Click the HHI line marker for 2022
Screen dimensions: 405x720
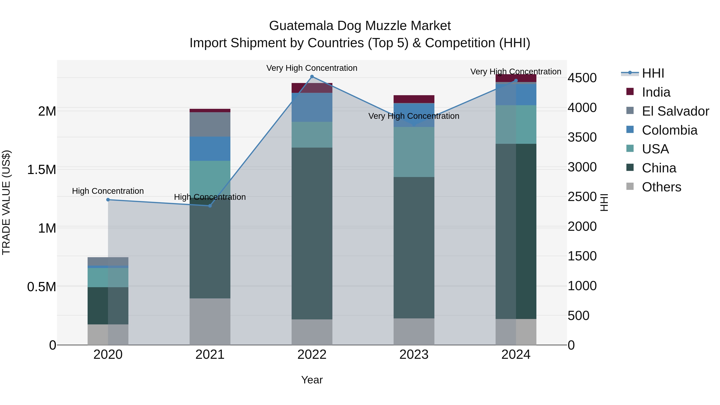pos(312,77)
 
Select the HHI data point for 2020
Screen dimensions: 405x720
pos(108,200)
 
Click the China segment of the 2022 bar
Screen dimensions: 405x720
pos(312,233)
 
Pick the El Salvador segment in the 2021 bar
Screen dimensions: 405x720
pos(210,124)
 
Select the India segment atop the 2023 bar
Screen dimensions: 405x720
pos(414,99)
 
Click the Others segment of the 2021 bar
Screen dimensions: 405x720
pos(210,321)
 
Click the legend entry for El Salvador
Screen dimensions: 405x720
pos(675,111)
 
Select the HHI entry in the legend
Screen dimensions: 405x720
pos(653,73)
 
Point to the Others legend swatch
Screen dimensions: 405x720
pos(630,186)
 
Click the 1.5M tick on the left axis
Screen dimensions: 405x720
pos(42,170)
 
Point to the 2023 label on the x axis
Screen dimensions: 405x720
pos(414,355)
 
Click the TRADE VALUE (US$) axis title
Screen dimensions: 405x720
pos(6,202)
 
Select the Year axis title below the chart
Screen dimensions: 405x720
pos(312,380)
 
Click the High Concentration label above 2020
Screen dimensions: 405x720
pos(108,191)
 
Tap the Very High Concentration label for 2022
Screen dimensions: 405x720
pos(312,68)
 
